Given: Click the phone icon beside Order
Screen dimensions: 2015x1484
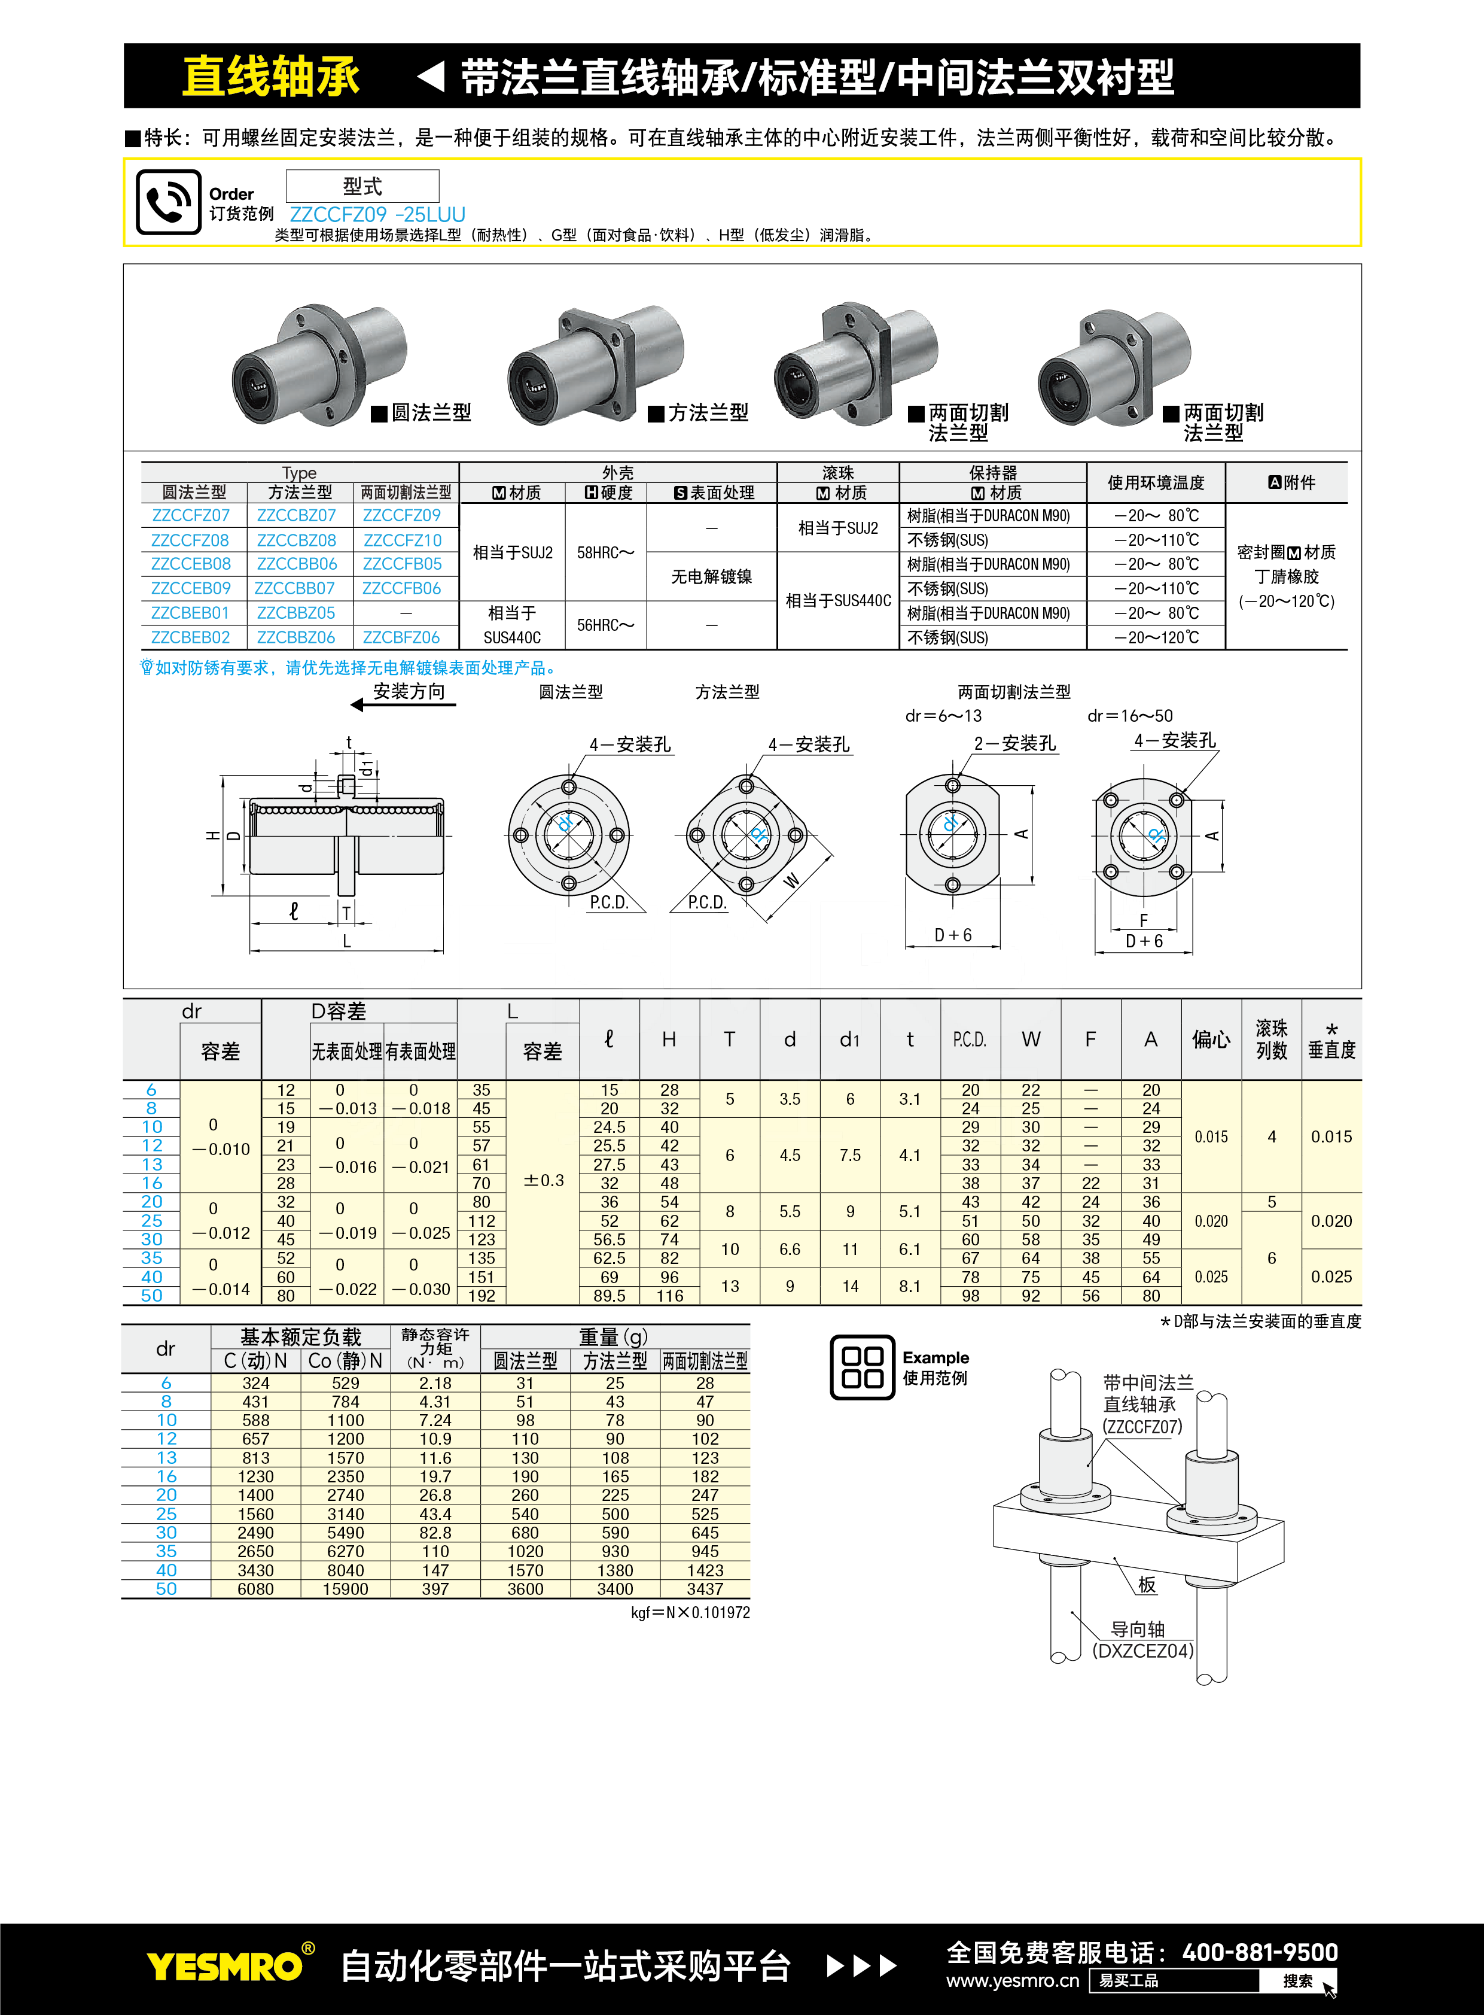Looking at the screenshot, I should click(x=168, y=202).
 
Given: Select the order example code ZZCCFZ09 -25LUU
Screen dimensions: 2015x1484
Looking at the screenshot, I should click(x=377, y=215).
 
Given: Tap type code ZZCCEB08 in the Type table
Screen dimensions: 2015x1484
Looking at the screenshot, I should click(x=190, y=564).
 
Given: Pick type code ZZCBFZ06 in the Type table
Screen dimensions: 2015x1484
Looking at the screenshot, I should click(x=401, y=638).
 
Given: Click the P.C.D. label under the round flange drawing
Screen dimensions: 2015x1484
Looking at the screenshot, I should click(x=608, y=902).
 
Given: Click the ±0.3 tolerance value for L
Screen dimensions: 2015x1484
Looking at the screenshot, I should click(x=544, y=1181).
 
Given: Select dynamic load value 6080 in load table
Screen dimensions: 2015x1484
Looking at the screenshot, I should click(x=255, y=1589).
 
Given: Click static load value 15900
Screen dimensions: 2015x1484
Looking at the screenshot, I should click(x=345, y=1589).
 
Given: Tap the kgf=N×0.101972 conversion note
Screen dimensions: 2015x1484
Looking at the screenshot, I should click(x=690, y=1612).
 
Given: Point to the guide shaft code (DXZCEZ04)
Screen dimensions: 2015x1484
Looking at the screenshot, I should click(x=1142, y=1651).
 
